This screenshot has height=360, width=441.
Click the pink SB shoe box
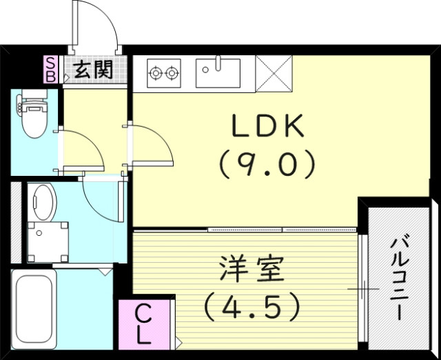[x=51, y=69]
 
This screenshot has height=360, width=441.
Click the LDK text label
[x=267, y=126]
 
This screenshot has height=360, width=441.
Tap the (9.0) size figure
[x=267, y=163]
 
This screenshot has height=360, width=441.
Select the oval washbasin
[x=44, y=201]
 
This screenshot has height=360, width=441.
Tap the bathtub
[x=34, y=310]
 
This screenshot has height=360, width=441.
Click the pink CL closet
[x=142, y=324]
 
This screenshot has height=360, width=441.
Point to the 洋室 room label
[x=252, y=270]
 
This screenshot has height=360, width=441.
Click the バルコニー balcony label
[x=400, y=276]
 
